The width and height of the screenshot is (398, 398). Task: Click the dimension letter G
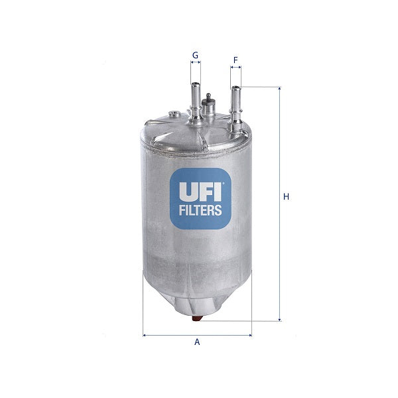tap(195, 54)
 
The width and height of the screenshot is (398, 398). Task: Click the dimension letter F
tap(235, 60)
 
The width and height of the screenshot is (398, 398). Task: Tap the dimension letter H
tap(286, 196)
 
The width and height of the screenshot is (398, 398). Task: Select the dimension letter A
tap(197, 342)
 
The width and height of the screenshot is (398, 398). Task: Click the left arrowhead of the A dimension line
tap(145, 334)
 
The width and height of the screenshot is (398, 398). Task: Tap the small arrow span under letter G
tap(196, 63)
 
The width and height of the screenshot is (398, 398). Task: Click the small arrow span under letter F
tap(235, 68)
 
